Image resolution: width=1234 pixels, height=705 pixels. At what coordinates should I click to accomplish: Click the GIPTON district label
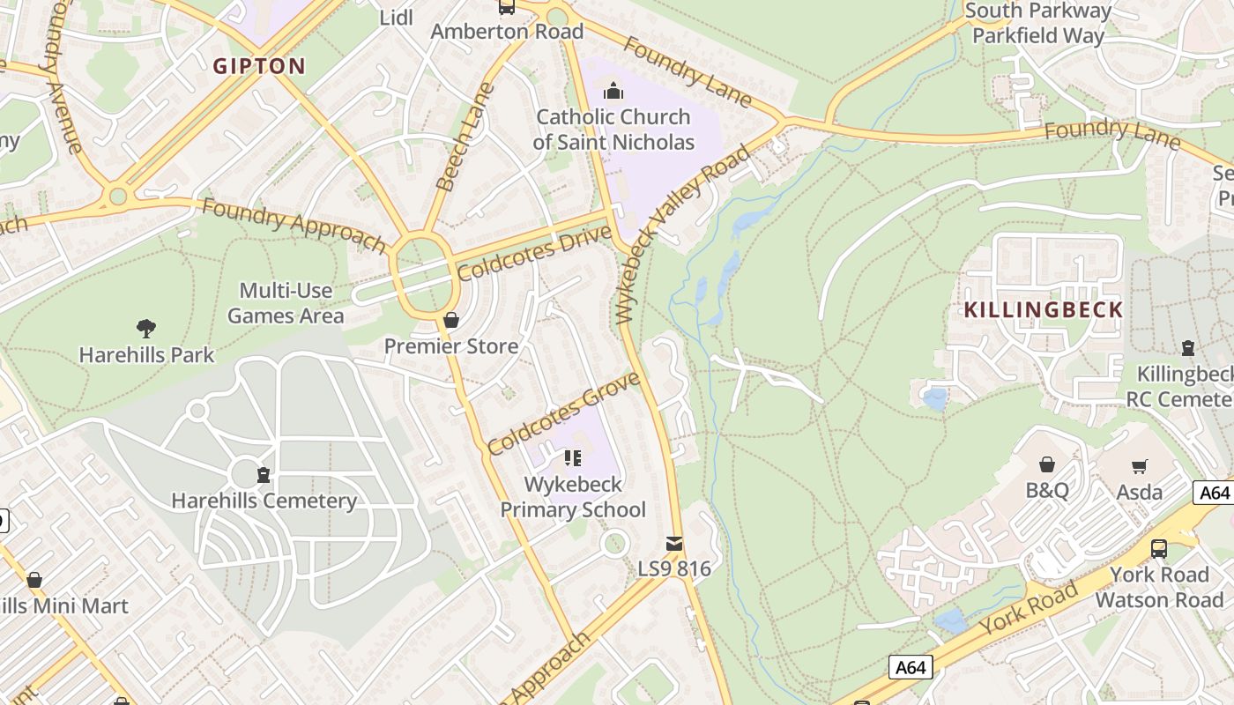click(260, 66)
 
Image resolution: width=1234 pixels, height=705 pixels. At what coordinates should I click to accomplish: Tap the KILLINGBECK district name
click(1043, 310)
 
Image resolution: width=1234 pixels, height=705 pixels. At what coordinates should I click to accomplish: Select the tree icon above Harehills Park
click(146, 329)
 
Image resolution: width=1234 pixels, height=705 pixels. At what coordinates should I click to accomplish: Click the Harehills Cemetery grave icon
click(263, 476)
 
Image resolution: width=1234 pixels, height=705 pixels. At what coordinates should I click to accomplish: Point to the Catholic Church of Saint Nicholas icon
click(613, 91)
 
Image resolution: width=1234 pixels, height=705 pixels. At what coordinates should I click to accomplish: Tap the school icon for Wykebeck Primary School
click(573, 458)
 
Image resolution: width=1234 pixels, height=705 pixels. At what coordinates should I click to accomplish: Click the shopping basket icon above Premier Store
click(451, 320)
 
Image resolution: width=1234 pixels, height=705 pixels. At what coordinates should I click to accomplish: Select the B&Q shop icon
click(1046, 464)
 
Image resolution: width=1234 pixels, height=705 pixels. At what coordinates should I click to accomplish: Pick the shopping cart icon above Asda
click(1140, 465)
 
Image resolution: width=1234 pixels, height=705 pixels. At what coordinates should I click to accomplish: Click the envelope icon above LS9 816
click(674, 544)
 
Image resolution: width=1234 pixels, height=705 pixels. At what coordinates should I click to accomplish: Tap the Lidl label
click(396, 18)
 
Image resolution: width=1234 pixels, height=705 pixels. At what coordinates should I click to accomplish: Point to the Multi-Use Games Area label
click(286, 303)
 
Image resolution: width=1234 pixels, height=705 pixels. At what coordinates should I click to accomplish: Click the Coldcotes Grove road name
click(563, 413)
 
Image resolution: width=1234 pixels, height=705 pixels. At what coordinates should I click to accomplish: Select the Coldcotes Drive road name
click(533, 253)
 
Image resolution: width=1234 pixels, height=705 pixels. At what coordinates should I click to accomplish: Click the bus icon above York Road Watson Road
click(1159, 549)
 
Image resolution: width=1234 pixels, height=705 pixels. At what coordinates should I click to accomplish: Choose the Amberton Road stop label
click(507, 32)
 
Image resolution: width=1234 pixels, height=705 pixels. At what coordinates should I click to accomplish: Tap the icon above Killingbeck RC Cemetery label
click(1188, 348)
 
